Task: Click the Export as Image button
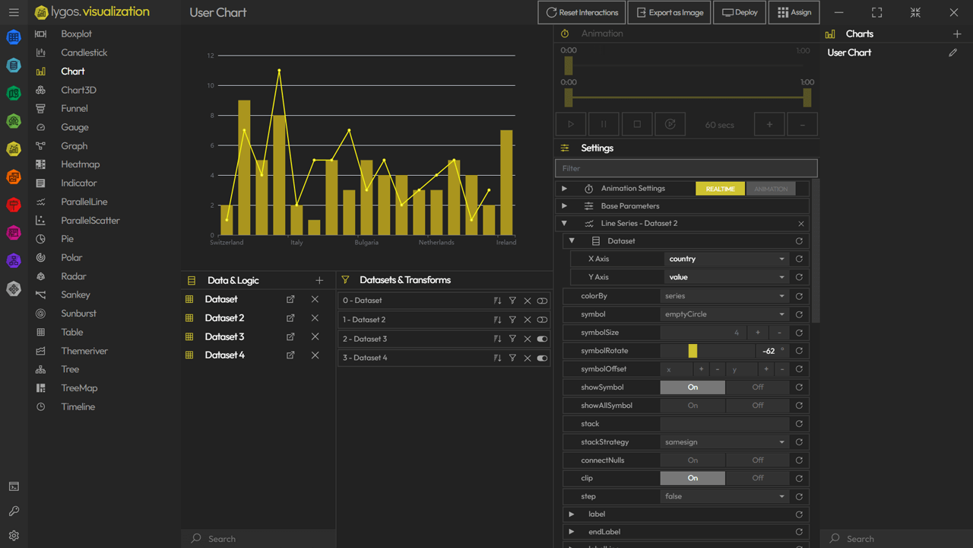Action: click(x=670, y=13)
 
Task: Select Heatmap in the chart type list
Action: click(x=80, y=164)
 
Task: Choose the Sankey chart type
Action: click(x=75, y=295)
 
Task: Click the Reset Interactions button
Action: click(x=582, y=13)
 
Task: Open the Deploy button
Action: click(x=740, y=13)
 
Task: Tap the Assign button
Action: click(x=794, y=13)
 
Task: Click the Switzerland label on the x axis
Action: click(x=227, y=243)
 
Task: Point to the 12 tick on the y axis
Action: click(x=211, y=56)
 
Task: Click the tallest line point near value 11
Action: click(x=279, y=71)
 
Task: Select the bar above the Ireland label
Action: click(x=506, y=183)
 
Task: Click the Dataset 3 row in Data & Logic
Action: click(x=224, y=336)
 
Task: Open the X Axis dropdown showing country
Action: click(x=727, y=259)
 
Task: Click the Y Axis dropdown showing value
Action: click(x=727, y=277)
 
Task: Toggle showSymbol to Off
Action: click(x=757, y=387)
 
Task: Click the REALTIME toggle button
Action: click(x=720, y=189)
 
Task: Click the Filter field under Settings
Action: click(x=686, y=168)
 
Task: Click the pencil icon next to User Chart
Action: click(x=953, y=53)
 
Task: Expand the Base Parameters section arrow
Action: click(x=564, y=205)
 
